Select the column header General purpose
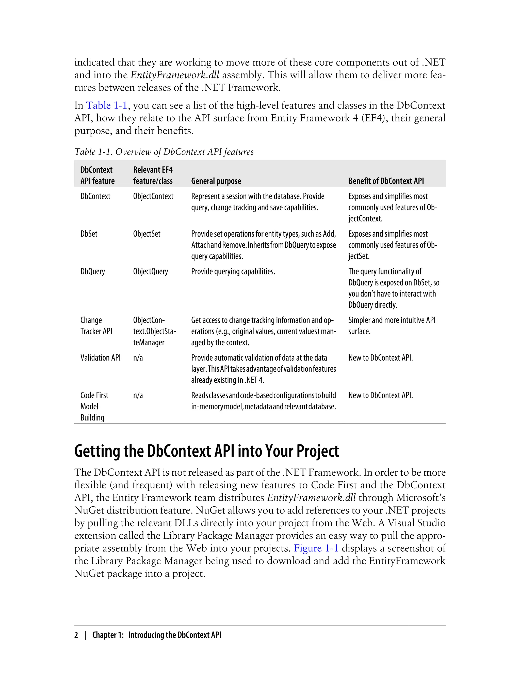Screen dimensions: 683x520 coord(216,181)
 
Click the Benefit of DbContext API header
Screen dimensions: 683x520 coord(386,181)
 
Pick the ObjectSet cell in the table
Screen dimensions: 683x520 coord(147,234)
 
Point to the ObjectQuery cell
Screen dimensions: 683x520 coord(150,271)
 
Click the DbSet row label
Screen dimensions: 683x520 coord(89,234)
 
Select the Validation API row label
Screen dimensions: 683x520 coord(100,358)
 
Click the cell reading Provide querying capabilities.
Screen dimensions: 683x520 coord(233,271)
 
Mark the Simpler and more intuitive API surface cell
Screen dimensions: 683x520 coord(391,325)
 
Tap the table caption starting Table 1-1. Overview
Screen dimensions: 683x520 coord(164,152)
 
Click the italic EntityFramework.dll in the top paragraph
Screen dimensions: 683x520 coord(175,75)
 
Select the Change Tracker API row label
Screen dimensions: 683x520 coord(96,325)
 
